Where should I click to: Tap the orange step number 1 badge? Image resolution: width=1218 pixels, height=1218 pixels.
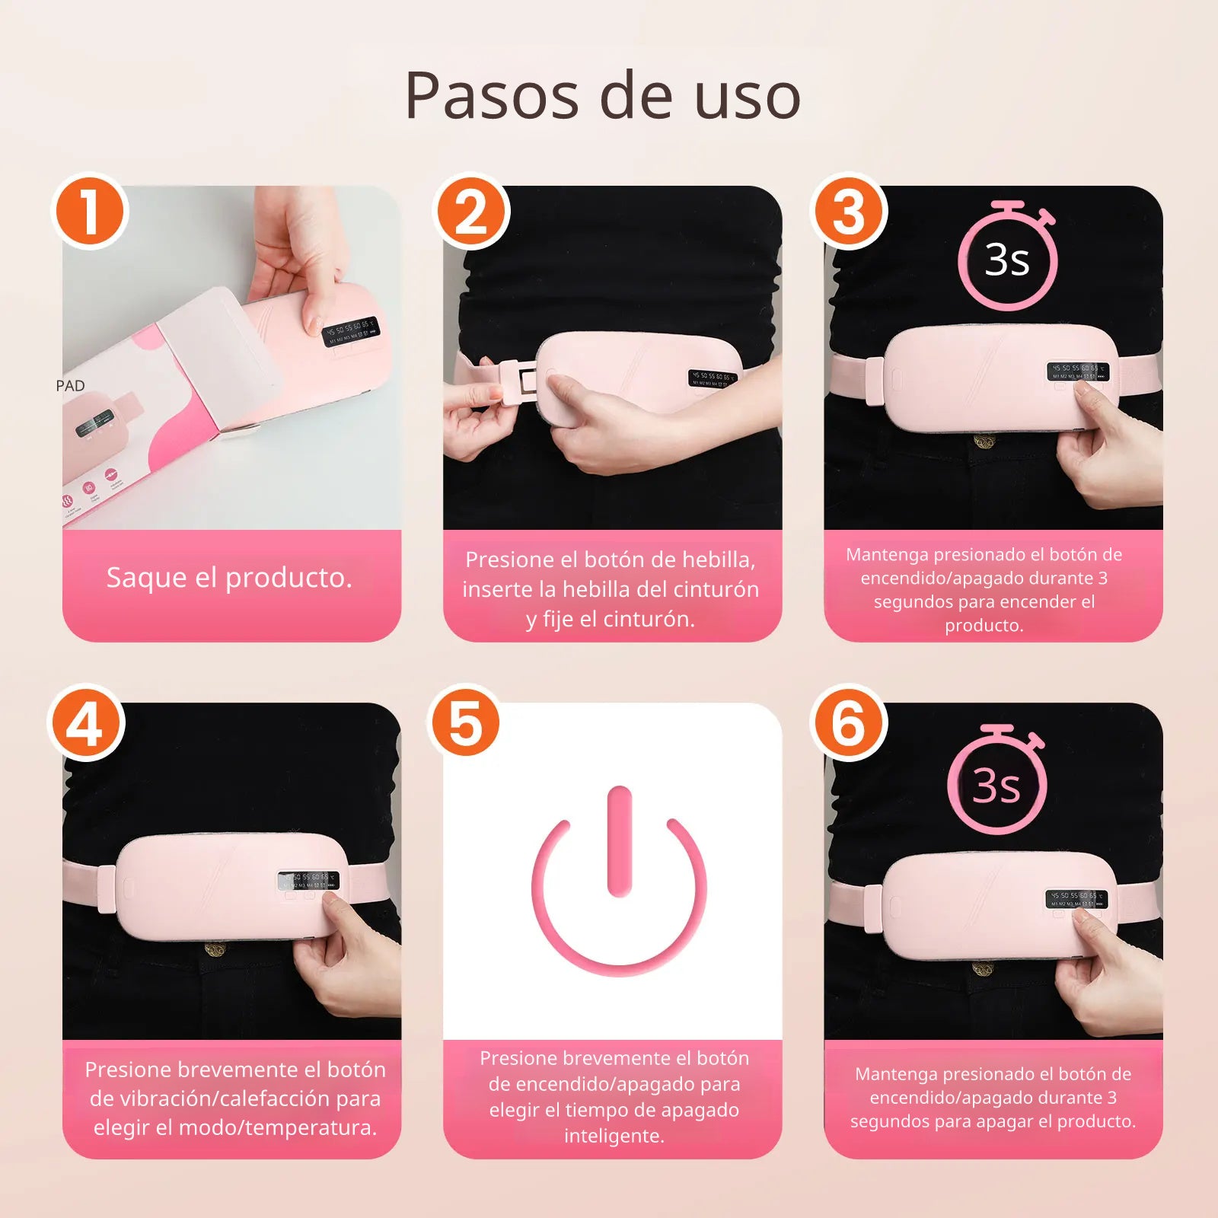click(x=89, y=212)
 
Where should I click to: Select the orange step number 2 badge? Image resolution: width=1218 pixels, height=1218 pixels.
click(x=470, y=212)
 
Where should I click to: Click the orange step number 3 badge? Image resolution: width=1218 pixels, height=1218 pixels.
click(x=850, y=212)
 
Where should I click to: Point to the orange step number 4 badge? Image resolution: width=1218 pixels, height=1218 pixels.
click(x=85, y=724)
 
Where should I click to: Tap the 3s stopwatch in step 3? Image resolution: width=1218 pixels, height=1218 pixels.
click(x=1007, y=257)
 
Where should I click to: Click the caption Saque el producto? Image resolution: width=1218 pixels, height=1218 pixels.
click(x=229, y=578)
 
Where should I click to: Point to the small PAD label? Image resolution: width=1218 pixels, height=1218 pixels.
click(x=70, y=386)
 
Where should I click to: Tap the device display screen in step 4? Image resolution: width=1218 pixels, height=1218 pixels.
click(x=308, y=881)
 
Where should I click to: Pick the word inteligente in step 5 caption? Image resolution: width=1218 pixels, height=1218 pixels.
click(x=614, y=1136)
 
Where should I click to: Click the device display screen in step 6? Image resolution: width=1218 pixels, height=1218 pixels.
click(x=1076, y=899)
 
